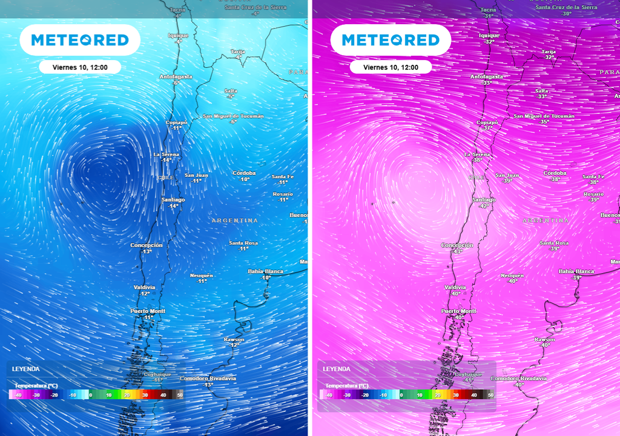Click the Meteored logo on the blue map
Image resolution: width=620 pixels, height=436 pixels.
tap(80, 40)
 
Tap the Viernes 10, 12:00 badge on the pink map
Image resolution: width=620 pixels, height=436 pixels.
tap(391, 67)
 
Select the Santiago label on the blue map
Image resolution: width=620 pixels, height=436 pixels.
tap(173, 200)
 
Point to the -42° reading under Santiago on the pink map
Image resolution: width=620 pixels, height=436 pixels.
tap(484, 206)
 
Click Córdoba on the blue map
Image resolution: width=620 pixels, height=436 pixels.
tap(244, 173)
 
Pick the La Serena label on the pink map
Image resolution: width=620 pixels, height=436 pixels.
tap(477, 154)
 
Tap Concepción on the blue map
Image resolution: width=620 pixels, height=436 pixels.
tap(147, 245)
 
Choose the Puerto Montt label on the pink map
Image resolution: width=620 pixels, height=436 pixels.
tap(459, 311)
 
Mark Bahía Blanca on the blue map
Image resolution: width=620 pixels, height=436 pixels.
tap(266, 271)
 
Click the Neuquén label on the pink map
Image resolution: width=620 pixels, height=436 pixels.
tap(512, 276)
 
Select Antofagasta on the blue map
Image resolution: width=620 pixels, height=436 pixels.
tap(176, 77)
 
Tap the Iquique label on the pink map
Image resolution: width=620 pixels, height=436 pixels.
tap(489, 35)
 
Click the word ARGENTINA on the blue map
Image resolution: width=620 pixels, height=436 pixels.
tap(235, 221)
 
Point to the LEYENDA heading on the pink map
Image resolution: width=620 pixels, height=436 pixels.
tap(337, 369)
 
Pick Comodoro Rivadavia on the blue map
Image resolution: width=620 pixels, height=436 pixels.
tap(208, 378)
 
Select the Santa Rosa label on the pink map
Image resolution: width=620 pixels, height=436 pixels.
tap(554, 243)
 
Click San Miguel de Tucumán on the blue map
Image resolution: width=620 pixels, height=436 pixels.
tap(233, 116)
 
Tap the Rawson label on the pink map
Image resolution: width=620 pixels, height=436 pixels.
tap(544, 340)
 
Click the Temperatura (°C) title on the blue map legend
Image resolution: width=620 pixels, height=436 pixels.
tap(36, 386)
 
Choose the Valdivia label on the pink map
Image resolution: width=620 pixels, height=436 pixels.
tap(455, 287)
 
